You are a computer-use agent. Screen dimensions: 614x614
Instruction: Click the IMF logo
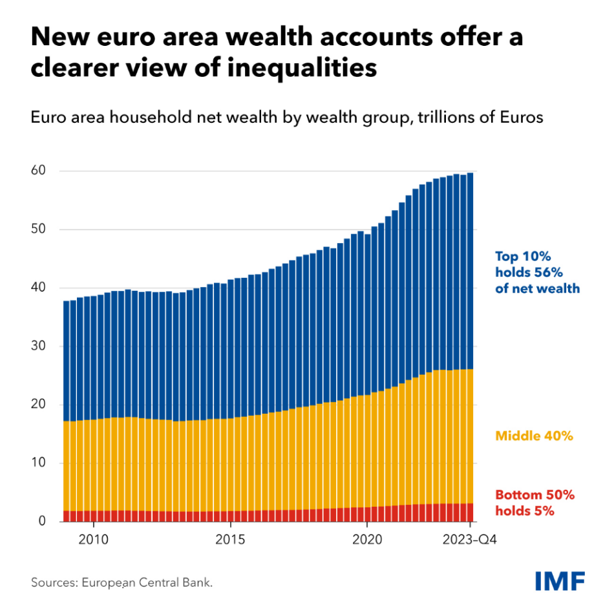click(560, 580)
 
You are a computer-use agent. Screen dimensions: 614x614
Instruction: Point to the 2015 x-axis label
click(230, 539)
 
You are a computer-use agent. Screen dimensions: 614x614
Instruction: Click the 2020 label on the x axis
click(367, 539)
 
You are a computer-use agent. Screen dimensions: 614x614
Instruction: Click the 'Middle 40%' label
click(534, 436)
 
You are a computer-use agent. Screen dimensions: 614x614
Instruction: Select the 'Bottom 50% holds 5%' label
click(534, 503)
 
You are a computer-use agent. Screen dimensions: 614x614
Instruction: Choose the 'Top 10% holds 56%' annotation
click(537, 271)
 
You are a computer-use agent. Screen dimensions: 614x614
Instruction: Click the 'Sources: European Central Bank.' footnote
click(122, 582)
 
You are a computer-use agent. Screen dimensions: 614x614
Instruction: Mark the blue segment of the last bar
click(470, 271)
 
